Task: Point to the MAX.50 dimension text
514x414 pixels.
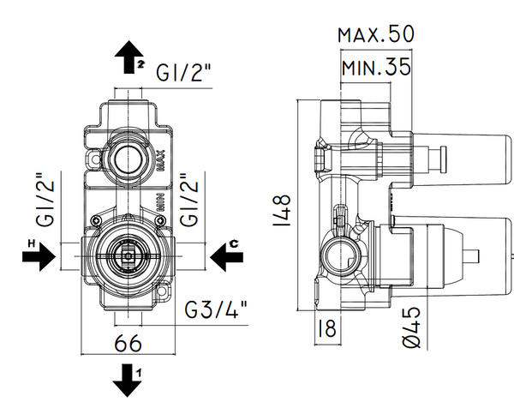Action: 375,34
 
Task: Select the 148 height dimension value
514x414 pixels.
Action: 284,211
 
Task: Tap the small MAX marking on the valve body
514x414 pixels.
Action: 160,159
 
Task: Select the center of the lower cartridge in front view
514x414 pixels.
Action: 126,256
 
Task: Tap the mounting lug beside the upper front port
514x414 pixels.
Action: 93,159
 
